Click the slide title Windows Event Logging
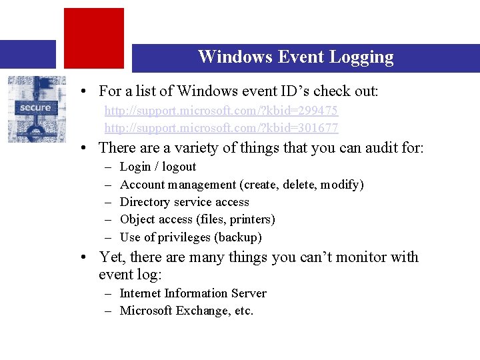pos(295,57)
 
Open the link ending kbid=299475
pos(221,110)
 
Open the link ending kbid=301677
pos(221,127)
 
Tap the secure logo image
pos(37,109)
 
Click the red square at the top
pos(93,37)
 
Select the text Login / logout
pos(158,167)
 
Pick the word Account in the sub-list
pos(143,185)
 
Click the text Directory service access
pos(185,202)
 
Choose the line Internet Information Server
pos(193,293)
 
